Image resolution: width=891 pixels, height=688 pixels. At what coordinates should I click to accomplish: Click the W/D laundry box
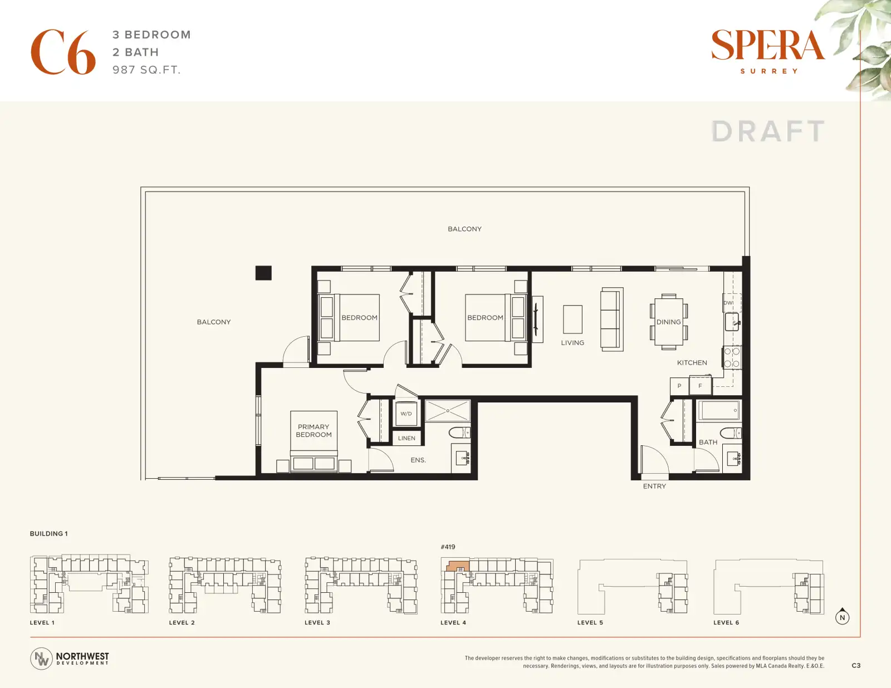pos(406,414)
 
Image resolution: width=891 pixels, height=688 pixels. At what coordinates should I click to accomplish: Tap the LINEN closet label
pos(407,438)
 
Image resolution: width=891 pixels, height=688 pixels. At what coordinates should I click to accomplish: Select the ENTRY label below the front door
pos(654,486)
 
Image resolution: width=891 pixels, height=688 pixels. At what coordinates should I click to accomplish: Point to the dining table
pos(669,322)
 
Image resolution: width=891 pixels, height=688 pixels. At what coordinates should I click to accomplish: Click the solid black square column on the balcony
pos(263,273)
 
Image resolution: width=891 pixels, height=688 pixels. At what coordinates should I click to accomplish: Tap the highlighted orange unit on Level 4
pos(457,567)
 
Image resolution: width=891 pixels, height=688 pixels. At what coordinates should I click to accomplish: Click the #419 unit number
pos(448,547)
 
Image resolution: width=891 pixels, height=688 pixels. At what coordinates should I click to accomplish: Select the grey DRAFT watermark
pos(767,131)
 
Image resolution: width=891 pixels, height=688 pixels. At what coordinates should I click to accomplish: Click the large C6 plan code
pos(63,52)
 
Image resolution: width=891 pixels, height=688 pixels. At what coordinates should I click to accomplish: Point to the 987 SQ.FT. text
pos(146,70)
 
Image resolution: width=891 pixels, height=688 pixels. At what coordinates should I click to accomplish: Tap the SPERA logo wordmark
pos(768,45)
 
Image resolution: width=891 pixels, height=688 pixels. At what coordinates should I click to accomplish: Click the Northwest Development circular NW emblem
pos(41,658)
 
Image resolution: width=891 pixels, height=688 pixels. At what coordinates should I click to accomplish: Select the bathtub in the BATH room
pos(719,410)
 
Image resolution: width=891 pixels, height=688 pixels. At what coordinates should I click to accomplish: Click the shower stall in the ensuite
pos(447,411)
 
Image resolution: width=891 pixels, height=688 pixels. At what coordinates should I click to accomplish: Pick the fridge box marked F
pos(701,386)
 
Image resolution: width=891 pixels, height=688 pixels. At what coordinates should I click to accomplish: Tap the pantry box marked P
pos(679,386)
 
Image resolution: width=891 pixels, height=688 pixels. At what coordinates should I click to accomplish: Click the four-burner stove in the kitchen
pos(732,357)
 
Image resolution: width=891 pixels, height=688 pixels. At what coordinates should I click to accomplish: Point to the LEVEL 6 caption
pos(726,622)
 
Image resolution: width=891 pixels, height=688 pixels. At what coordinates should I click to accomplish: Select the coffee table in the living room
pos(572,319)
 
